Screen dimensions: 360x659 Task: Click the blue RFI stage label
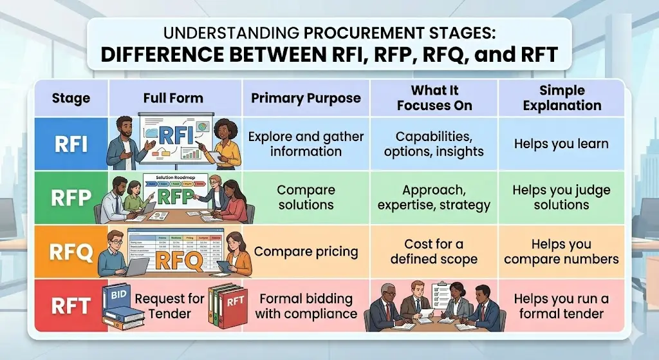[x=71, y=144]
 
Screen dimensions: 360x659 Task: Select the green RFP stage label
[x=71, y=198]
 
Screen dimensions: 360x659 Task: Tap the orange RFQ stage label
[x=71, y=252]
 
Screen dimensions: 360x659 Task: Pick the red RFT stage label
[x=71, y=305]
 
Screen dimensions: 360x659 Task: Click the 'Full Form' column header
[x=173, y=99]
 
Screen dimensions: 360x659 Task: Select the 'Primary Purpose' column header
[x=306, y=99]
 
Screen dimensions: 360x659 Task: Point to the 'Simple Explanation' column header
[x=562, y=98]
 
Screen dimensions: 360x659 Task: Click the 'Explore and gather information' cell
[x=306, y=144]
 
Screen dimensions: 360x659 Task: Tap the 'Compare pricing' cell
[x=306, y=251]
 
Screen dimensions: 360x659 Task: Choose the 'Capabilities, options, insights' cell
[x=434, y=144]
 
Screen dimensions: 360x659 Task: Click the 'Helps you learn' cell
[x=561, y=144]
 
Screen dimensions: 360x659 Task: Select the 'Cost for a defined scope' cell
[x=434, y=252]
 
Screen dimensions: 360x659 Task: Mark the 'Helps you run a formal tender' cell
[x=561, y=306]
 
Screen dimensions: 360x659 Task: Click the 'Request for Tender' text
[x=169, y=306]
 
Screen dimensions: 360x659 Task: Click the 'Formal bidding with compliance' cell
[x=306, y=306]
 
